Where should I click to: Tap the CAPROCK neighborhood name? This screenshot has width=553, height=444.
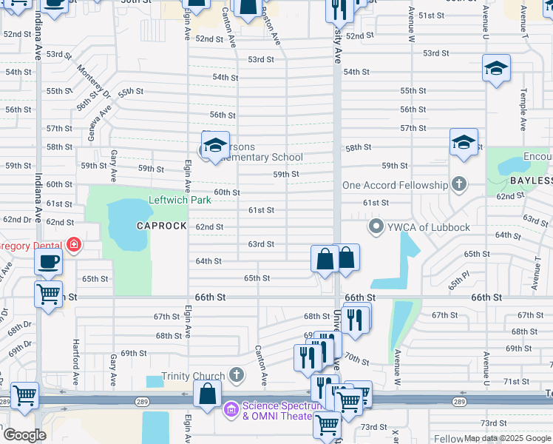click(x=161, y=226)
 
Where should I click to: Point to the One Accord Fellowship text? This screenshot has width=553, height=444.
click(x=395, y=185)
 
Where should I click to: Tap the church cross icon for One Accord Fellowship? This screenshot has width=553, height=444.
click(x=458, y=184)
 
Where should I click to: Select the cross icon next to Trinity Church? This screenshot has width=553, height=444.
click(x=237, y=374)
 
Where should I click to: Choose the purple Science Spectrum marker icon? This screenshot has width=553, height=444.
click(x=231, y=408)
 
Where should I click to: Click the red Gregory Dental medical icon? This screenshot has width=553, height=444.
click(x=73, y=244)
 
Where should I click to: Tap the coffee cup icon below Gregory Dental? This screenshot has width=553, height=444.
click(x=49, y=262)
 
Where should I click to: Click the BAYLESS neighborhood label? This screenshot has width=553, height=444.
click(x=531, y=181)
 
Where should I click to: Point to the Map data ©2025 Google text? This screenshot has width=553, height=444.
click(x=507, y=438)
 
